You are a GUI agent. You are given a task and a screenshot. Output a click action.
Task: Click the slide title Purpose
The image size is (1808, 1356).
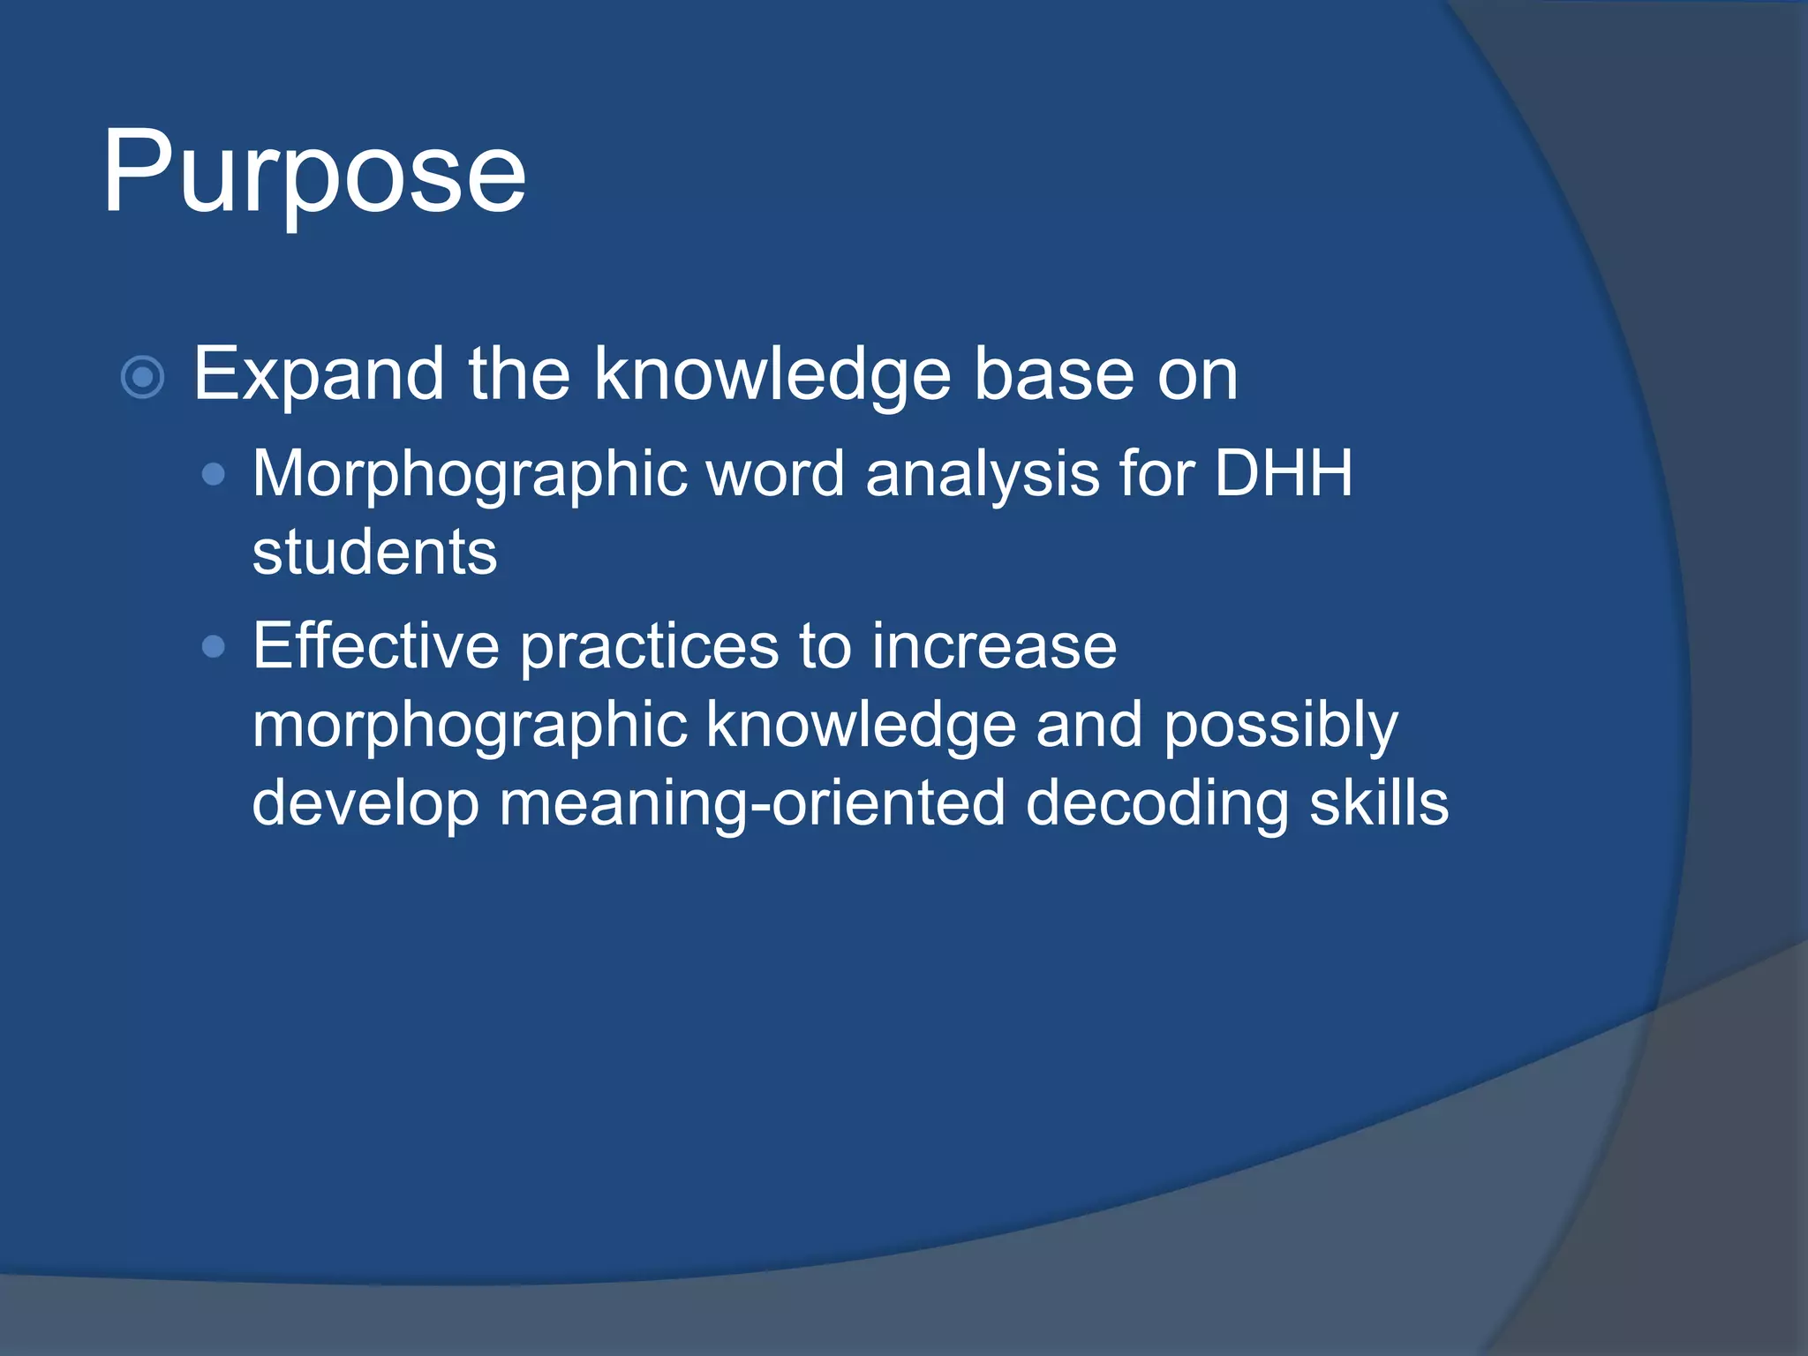pos(314,172)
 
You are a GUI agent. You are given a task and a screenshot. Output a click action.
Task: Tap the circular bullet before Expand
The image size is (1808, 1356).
pos(142,378)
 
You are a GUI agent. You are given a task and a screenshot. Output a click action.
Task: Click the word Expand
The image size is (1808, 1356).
pos(318,376)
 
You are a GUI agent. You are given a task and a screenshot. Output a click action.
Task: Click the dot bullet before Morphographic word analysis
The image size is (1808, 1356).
pos(214,476)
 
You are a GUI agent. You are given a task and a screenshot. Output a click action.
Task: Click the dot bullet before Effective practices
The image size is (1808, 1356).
pos(214,647)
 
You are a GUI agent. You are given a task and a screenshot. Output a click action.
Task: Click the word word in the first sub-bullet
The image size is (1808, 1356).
pos(776,474)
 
